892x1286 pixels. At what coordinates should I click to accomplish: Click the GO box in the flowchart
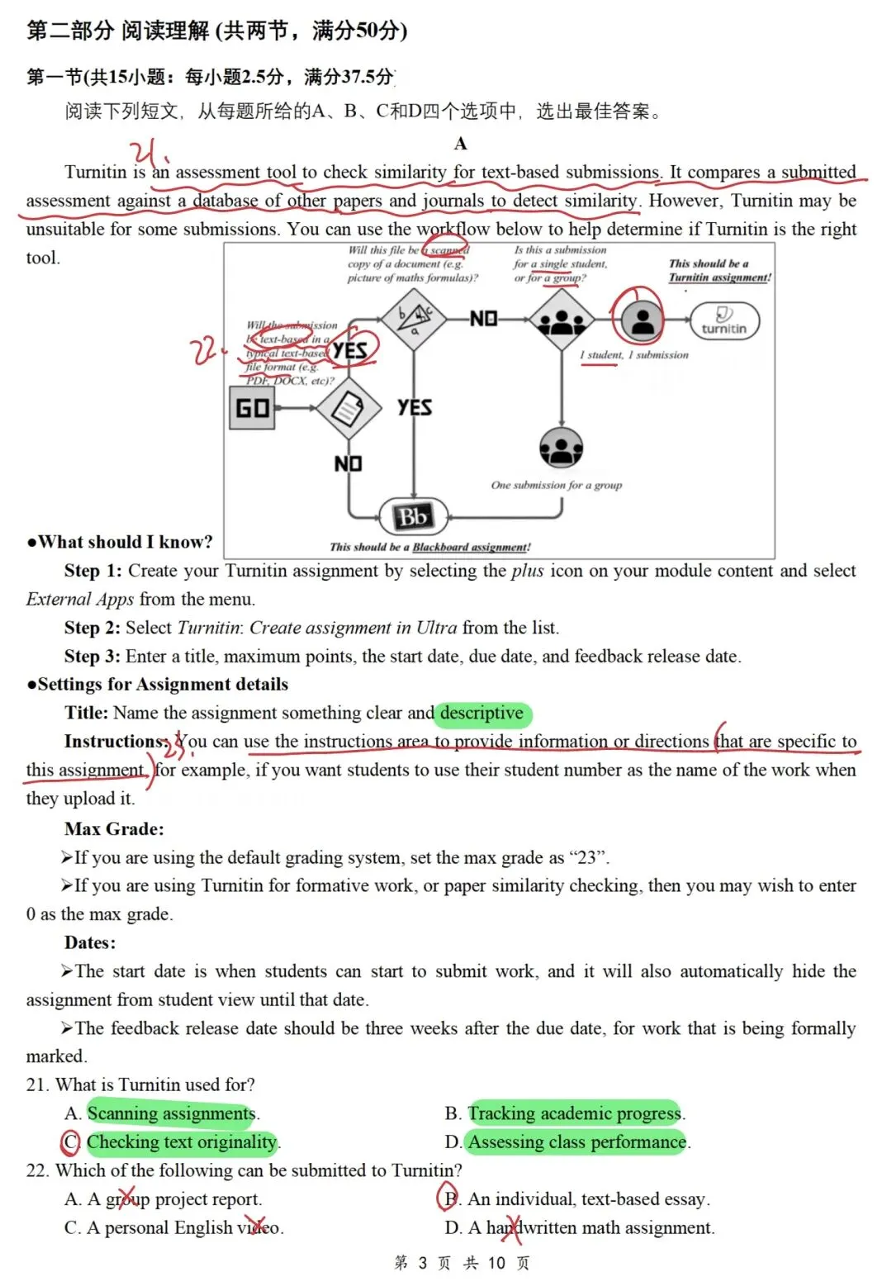(253, 408)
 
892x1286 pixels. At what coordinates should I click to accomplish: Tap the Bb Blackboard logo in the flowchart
(413, 517)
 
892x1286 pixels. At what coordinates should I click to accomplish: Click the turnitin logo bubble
(724, 320)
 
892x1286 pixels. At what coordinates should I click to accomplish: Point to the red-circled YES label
(350, 350)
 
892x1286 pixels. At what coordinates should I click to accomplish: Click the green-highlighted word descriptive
(482, 713)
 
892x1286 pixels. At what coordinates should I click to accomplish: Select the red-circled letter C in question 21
(71, 1141)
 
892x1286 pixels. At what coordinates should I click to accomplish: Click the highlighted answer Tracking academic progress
(575, 1113)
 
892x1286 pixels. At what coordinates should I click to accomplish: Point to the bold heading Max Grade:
(114, 828)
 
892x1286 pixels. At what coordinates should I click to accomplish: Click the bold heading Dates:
(90, 942)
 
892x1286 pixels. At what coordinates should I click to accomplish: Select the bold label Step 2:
(93, 628)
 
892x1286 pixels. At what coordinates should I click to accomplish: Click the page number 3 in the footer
(422, 1263)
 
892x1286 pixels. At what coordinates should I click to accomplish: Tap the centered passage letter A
(460, 144)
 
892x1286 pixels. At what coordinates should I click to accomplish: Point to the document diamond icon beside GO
(349, 407)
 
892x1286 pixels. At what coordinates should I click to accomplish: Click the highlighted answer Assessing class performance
(577, 1141)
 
